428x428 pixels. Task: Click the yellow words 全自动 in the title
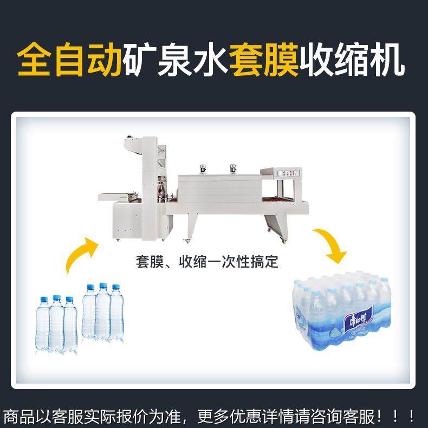pos(69,61)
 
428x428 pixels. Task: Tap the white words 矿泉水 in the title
pos(176,61)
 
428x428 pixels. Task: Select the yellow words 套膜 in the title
pos(264,61)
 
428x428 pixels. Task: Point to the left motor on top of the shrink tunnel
pos(202,168)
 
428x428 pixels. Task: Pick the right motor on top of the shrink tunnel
pos(234,168)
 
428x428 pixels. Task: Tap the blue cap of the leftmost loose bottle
pos(43,299)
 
